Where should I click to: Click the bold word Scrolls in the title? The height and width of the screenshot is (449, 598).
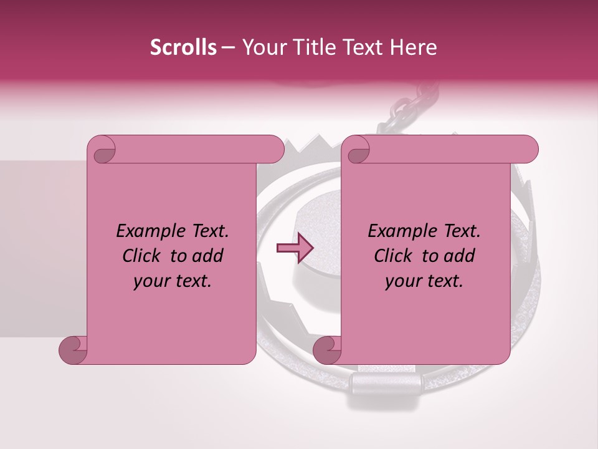184,47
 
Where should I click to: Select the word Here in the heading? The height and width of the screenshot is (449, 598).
414,47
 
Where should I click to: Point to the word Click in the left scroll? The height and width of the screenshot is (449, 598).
143,256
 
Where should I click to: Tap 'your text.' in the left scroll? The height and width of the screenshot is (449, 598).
173,281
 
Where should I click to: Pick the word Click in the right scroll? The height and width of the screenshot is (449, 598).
394,256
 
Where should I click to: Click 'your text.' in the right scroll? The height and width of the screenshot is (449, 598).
424,281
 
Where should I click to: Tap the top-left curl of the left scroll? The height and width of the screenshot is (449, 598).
103,150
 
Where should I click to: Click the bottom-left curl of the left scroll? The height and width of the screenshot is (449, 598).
73,349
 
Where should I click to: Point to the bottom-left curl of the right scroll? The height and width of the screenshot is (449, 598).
327,349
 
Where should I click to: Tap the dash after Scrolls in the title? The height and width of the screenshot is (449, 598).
228,47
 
